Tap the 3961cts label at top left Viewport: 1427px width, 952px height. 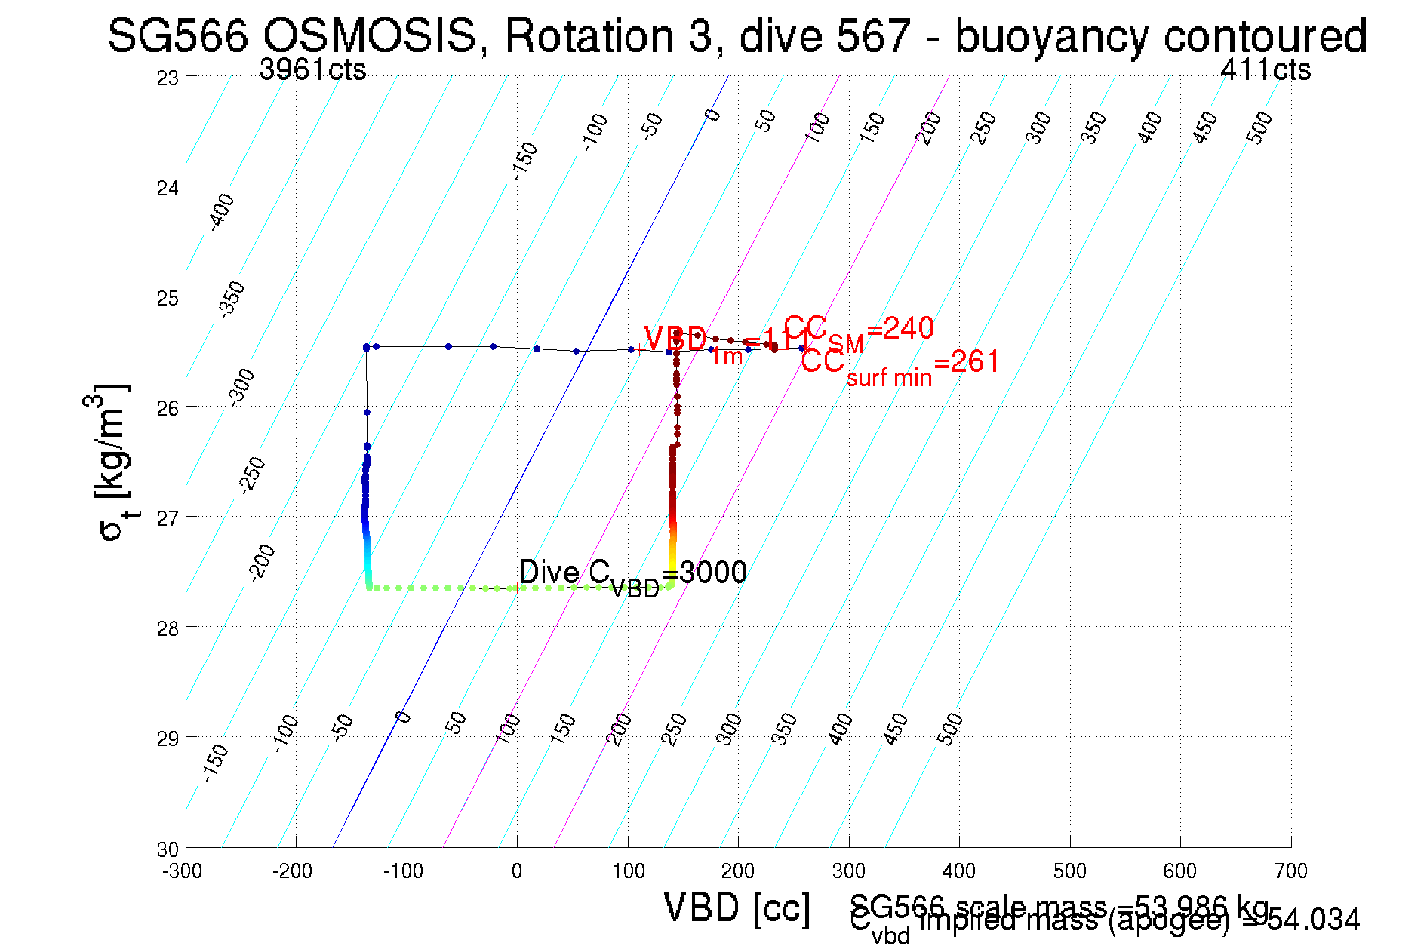coord(312,69)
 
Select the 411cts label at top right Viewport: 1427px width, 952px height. coord(1266,69)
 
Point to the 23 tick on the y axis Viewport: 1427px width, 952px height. coord(168,78)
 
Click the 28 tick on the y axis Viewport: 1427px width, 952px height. coord(168,628)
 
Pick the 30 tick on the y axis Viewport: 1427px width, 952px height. coord(168,849)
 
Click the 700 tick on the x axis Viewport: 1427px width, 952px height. coord(1290,871)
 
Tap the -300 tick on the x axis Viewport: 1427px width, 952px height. coord(183,871)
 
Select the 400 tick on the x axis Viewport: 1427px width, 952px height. coord(959,871)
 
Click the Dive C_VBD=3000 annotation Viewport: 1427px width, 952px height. coord(632,576)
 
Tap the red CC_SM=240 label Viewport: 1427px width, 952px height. coord(859,332)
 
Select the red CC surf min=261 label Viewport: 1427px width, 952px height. coord(900,366)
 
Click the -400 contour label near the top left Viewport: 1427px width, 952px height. coord(221,212)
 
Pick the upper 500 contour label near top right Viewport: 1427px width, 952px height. coord(1259,127)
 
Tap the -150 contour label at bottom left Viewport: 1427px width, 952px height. coord(215,762)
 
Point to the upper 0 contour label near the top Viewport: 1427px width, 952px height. coord(712,115)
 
